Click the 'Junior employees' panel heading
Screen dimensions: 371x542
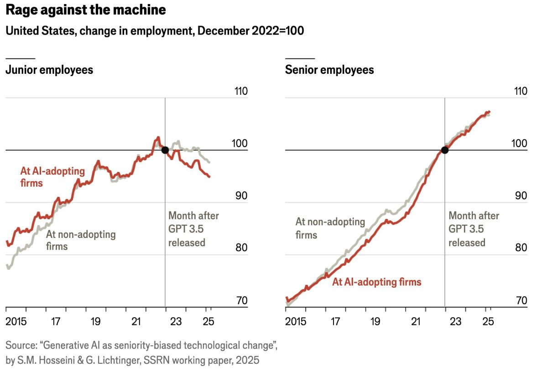pos(49,70)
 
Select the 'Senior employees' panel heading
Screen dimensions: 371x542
pos(329,70)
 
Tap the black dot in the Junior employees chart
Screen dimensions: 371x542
pos(165,150)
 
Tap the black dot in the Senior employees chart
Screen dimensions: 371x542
pos(445,150)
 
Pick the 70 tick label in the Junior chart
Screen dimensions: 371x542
pos(240,301)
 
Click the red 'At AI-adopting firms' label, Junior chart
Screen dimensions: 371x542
pos(52,177)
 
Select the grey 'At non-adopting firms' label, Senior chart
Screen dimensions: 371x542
pos(330,228)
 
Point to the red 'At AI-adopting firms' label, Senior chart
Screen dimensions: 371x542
pos(376,282)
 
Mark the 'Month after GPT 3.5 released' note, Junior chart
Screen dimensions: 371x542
pos(193,229)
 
